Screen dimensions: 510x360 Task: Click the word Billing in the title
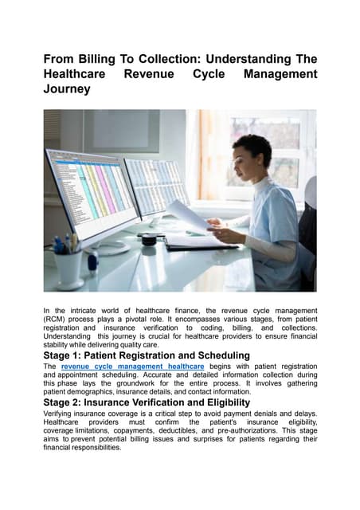[x=105, y=59]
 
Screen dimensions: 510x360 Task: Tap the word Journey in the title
[x=68, y=91]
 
